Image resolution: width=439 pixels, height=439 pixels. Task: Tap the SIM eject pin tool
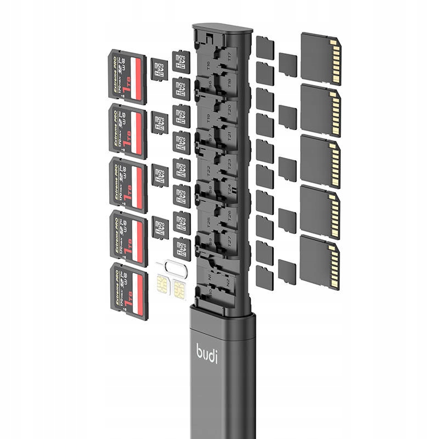pos(168,267)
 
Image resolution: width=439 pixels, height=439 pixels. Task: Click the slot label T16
pos(208,65)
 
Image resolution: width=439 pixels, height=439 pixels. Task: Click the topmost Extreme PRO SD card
pos(128,77)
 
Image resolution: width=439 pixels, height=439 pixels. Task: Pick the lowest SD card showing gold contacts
pos(320,262)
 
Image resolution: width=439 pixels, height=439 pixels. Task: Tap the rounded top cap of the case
pos(219,30)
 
